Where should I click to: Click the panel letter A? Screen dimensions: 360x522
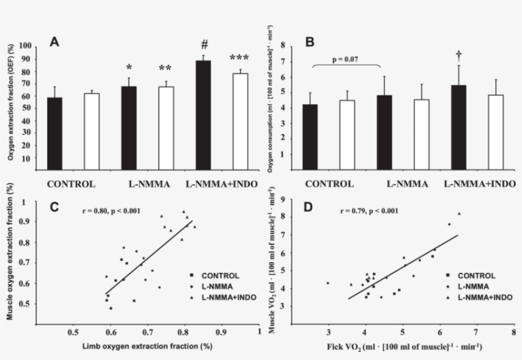point(55,42)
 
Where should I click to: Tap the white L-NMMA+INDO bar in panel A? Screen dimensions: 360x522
point(240,121)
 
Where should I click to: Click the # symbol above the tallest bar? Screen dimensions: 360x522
point(204,45)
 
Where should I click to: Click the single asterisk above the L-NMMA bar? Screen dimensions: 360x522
point(129,68)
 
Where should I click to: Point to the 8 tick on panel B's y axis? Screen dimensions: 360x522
point(279,46)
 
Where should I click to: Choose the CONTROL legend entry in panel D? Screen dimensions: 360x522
point(475,275)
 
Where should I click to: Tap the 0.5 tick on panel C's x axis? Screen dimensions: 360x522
point(73,332)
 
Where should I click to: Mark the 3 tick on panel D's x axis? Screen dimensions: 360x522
point(328,332)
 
